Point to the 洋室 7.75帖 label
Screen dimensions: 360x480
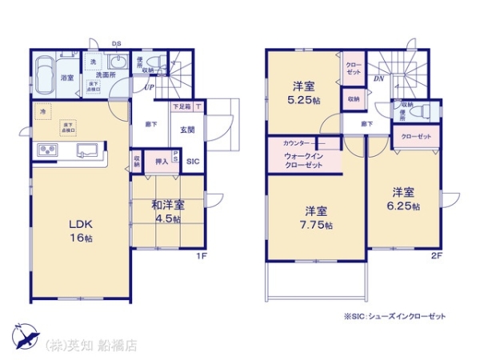click(316, 218)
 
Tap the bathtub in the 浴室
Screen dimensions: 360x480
click(46, 72)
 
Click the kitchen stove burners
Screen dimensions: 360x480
click(46, 150)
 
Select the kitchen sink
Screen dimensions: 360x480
click(86, 150)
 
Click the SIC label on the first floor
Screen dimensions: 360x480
click(193, 162)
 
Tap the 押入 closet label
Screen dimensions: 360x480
click(162, 162)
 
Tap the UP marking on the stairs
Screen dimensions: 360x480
click(150, 89)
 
